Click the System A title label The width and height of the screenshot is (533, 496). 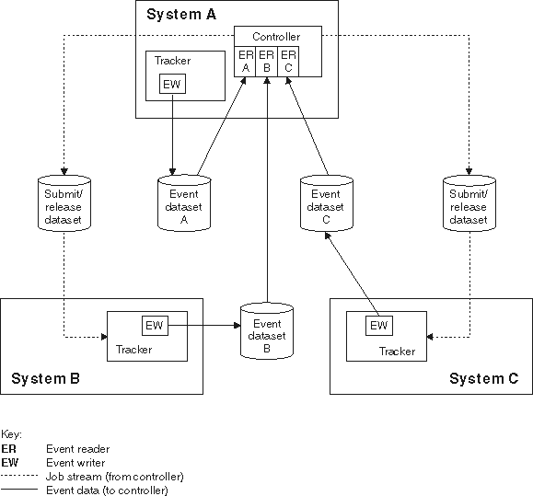click(180, 14)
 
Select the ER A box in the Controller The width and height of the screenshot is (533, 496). click(246, 60)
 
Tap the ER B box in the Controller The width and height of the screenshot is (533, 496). click(267, 60)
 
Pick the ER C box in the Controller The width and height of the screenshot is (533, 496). click(288, 60)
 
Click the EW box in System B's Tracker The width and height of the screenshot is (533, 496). click(154, 324)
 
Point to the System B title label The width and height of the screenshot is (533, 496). click(46, 378)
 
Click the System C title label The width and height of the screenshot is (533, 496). click(484, 378)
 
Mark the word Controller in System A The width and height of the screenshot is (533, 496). click(276, 36)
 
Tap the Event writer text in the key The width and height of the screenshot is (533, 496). click(75, 463)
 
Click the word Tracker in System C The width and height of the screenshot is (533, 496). click(397, 352)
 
